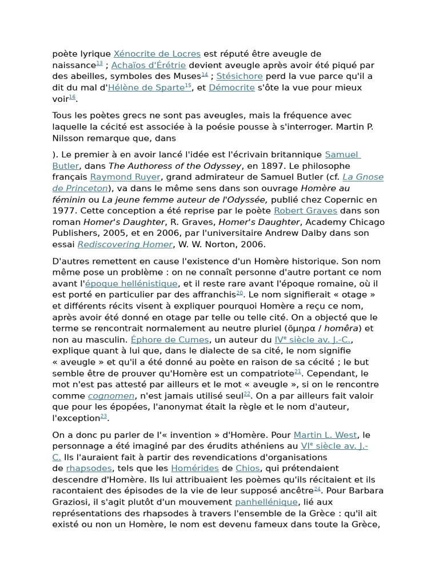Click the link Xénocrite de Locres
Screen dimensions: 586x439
[x=157, y=54]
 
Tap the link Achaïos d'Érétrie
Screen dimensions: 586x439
[x=149, y=65]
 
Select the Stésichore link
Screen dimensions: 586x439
[x=240, y=76]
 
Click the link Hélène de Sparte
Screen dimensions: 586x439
[x=146, y=88]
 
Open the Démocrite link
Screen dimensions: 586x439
[x=232, y=88]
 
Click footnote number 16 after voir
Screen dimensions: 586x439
[x=73, y=97]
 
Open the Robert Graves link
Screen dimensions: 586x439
[x=306, y=211]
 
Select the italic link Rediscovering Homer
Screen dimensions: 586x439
[x=125, y=244]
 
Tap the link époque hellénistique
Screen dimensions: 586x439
[x=131, y=283]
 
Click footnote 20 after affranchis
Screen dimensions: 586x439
[x=240, y=293]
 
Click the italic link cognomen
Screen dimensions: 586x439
[x=111, y=395]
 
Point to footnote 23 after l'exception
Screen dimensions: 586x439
[x=104, y=417]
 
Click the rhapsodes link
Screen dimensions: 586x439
[x=89, y=468]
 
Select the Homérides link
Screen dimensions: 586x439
[x=195, y=468]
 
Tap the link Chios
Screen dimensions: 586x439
[x=248, y=468]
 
